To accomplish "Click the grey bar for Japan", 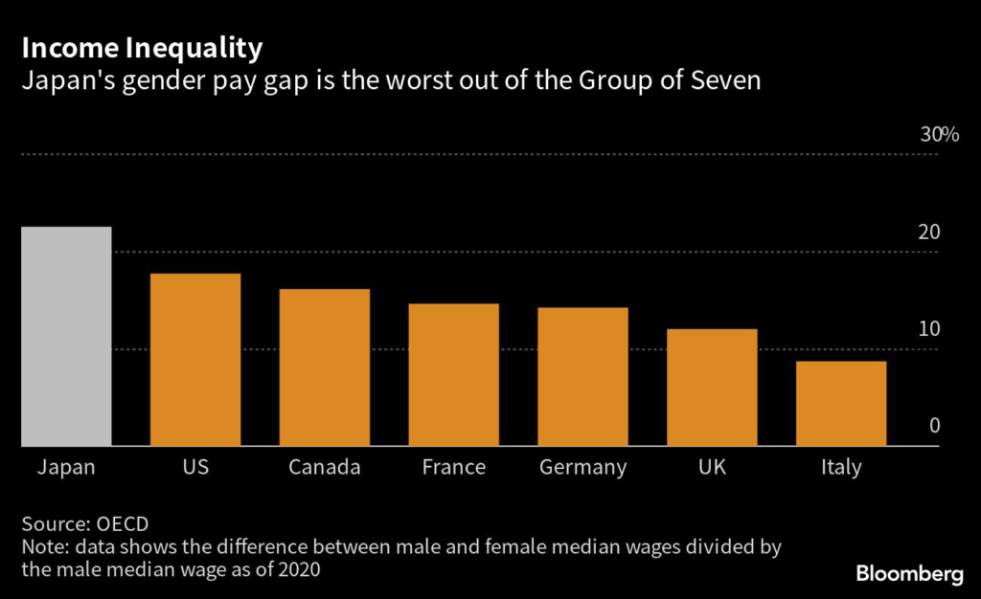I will pyautogui.click(x=66, y=336).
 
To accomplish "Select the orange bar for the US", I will pyautogui.click(x=195, y=360).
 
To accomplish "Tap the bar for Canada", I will pyautogui.click(x=325, y=367).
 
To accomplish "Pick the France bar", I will pyautogui.click(x=453, y=374).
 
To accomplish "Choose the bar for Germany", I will pyautogui.click(x=582, y=376).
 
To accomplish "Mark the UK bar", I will pyautogui.click(x=712, y=388).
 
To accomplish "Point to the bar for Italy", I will pyautogui.click(x=841, y=403).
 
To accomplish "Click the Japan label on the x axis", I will pyautogui.click(x=66, y=468).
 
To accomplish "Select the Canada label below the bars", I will pyautogui.click(x=325, y=468).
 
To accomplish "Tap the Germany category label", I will pyautogui.click(x=582, y=468).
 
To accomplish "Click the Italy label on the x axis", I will pyautogui.click(x=841, y=468).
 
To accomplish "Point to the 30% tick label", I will pyautogui.click(x=939, y=135).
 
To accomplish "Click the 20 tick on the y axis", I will pyautogui.click(x=928, y=233).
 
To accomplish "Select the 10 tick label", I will pyautogui.click(x=928, y=329).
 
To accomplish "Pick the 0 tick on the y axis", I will pyautogui.click(x=934, y=426).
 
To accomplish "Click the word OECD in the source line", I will pyautogui.click(x=122, y=524).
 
